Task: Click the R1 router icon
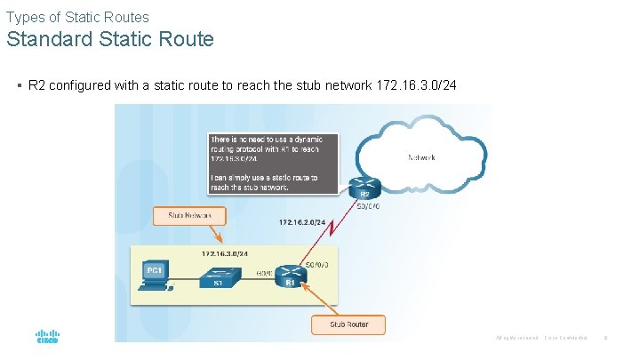[290, 275]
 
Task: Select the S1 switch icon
[216, 275]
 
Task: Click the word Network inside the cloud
[421, 157]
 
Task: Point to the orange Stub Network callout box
[189, 216]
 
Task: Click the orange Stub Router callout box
[348, 324]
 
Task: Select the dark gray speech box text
[273, 163]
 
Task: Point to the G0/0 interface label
[264, 272]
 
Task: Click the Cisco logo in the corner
[47, 338]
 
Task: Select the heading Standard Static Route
[110, 40]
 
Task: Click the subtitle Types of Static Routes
[77, 17]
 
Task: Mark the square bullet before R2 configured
[19, 86]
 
